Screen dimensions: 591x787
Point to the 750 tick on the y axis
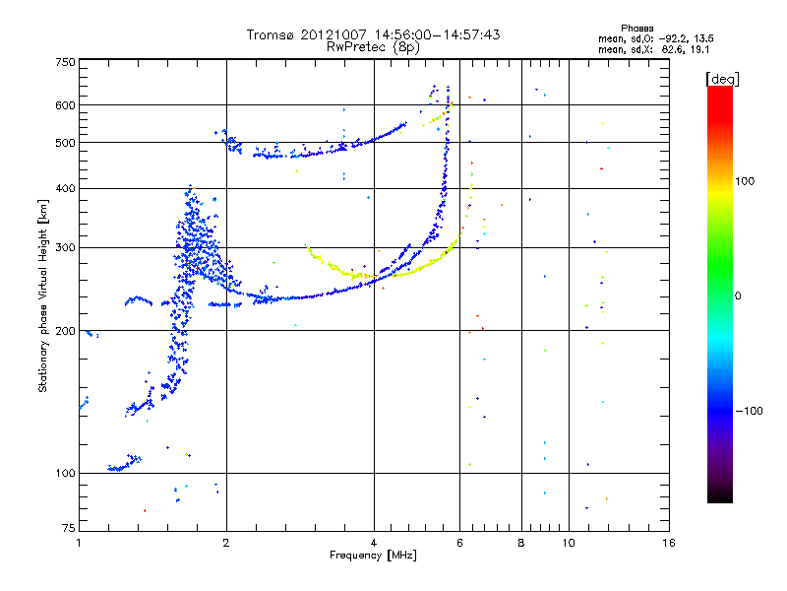[65, 62]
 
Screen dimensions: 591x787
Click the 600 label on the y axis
[65, 105]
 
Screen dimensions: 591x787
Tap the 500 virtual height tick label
[65, 143]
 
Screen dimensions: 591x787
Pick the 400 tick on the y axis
[65, 188]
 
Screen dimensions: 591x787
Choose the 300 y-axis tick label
[65, 247]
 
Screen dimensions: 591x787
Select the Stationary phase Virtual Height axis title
[43, 295]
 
